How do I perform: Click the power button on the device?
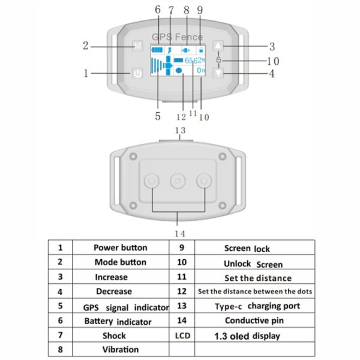(137, 73)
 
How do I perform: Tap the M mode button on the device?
(137, 46)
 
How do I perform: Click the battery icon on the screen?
(157, 50)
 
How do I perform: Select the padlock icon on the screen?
(201, 50)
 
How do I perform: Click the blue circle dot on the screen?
(179, 70)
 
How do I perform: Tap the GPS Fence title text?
(177, 37)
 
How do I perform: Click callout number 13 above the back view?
(180, 130)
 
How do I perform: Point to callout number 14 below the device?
(180, 234)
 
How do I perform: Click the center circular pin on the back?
(178, 181)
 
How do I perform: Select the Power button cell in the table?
(121, 247)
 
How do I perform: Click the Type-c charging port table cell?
(254, 306)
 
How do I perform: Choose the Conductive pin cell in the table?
(254, 320)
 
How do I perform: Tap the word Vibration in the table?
(121, 349)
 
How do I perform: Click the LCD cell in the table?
(182, 335)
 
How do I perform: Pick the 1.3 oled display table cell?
(254, 335)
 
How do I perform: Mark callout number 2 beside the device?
(85, 46)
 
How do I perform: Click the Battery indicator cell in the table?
(121, 320)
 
